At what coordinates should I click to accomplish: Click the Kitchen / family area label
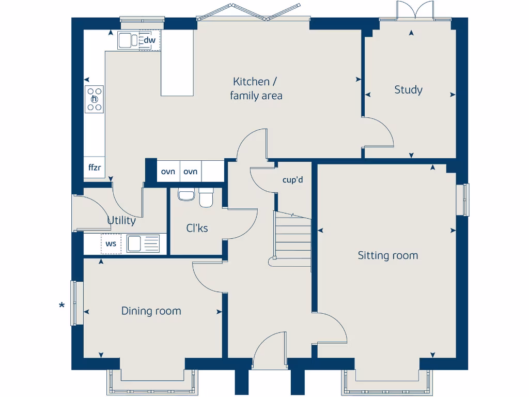coord(256,88)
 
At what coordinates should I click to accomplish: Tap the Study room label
coord(408,90)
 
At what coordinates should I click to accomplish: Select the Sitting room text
coord(387,255)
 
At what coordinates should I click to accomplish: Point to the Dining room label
coord(151,311)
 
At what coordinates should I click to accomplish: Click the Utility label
coord(121,221)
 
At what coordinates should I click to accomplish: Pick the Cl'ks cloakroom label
coord(197,228)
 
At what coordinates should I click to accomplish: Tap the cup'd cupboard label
coord(292,180)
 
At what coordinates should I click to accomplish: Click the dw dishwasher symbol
coord(149,40)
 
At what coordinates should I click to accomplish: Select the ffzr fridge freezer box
coord(94,168)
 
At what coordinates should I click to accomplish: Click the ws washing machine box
coord(111,243)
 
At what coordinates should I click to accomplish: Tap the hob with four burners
coord(95,99)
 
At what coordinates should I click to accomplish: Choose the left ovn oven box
coord(168,172)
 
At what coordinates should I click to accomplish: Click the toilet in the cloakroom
coord(206,197)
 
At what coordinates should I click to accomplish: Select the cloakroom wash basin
coord(185,195)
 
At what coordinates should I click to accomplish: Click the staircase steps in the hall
coord(292,238)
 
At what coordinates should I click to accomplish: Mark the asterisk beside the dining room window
coord(62,306)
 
